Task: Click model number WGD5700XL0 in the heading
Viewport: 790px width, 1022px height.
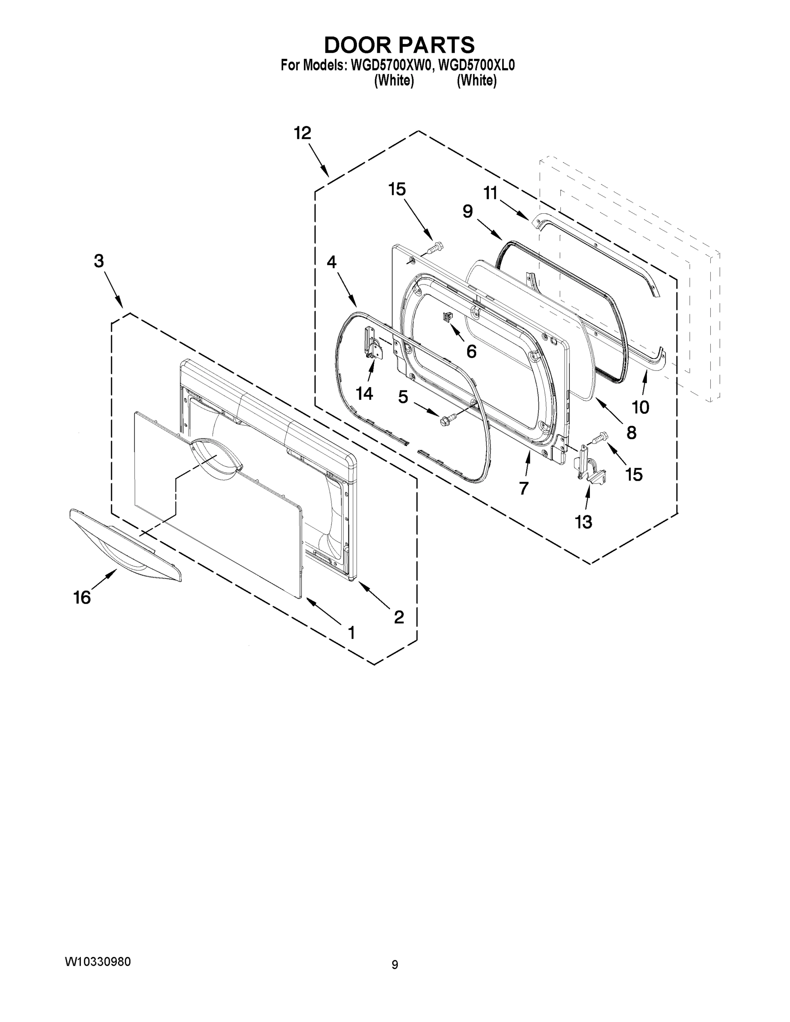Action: pyautogui.click(x=474, y=66)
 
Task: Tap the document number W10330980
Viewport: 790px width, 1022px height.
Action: pyautogui.click(x=98, y=962)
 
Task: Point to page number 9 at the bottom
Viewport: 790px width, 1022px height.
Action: pyautogui.click(x=394, y=965)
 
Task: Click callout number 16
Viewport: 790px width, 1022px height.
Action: pyautogui.click(x=82, y=597)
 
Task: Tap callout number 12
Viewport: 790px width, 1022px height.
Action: pyautogui.click(x=302, y=133)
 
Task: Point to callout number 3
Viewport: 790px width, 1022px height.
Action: pyautogui.click(x=98, y=261)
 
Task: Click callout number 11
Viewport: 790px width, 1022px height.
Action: pyautogui.click(x=490, y=193)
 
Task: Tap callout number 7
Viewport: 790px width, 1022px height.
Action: pyautogui.click(x=524, y=488)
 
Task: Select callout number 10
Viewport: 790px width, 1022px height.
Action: pyautogui.click(x=640, y=407)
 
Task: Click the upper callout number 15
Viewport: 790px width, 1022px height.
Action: pyautogui.click(x=397, y=189)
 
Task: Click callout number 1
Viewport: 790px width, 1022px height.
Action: pyautogui.click(x=350, y=633)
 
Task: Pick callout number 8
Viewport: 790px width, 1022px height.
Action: pyautogui.click(x=631, y=433)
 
